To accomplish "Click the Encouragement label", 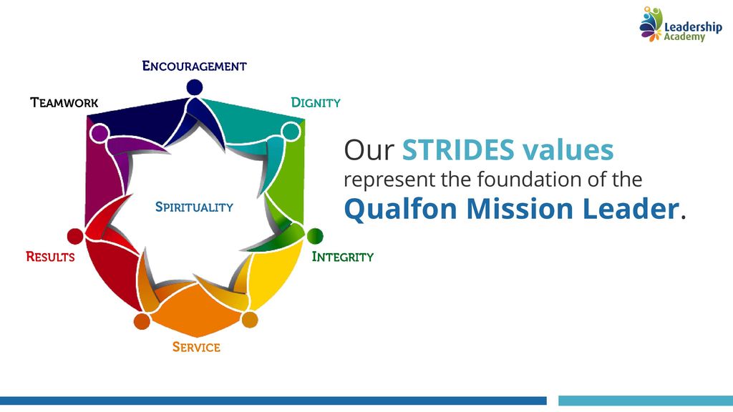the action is [195, 66].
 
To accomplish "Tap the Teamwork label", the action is [64, 103].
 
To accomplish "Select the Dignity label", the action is [316, 103].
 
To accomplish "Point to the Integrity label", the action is [343, 257].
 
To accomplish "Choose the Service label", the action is [196, 347].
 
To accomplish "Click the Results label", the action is [51, 257].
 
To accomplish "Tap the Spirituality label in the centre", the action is [194, 207].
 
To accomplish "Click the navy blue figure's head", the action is [195, 87].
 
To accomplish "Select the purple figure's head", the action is [99, 133].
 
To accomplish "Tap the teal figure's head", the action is [291, 132].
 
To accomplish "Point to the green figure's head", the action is [315, 236].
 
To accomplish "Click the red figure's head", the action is [75, 236].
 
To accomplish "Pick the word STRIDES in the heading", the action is [458, 150].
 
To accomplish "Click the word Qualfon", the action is [401, 208].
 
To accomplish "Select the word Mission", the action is [520, 208].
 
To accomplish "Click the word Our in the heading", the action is [369, 150].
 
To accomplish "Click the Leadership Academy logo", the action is [681, 24].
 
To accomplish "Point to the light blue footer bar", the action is [646, 401].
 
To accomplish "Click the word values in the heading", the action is [568, 150].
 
